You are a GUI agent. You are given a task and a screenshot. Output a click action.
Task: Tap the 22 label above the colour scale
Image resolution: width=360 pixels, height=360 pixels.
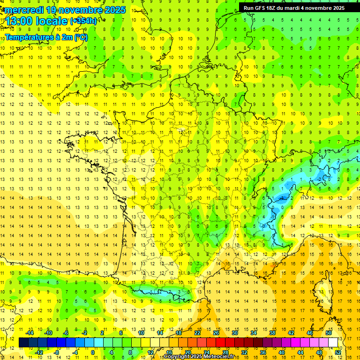tap(197, 332)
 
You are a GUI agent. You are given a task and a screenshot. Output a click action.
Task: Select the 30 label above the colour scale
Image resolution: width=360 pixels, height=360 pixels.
tap(234, 332)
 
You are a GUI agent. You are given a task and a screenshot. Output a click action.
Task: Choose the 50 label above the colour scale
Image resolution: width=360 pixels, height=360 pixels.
tap(328, 332)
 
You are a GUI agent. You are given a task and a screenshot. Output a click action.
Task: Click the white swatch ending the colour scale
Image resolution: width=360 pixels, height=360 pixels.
tap(333, 343)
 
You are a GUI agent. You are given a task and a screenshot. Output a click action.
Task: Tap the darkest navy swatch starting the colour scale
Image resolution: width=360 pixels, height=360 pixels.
tap(23, 343)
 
